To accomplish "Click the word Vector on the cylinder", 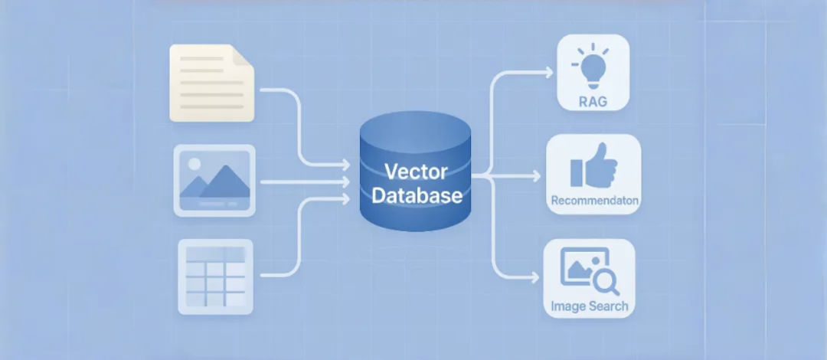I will (415, 171).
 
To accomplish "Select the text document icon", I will (211, 83).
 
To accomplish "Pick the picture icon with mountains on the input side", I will (214, 180).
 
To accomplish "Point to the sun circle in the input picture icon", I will (194, 163).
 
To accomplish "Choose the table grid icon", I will (214, 276).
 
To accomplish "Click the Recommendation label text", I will (594, 201).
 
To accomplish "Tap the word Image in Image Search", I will (568, 306).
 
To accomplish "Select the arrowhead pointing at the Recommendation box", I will (535, 176).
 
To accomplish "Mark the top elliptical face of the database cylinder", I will (415, 131).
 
